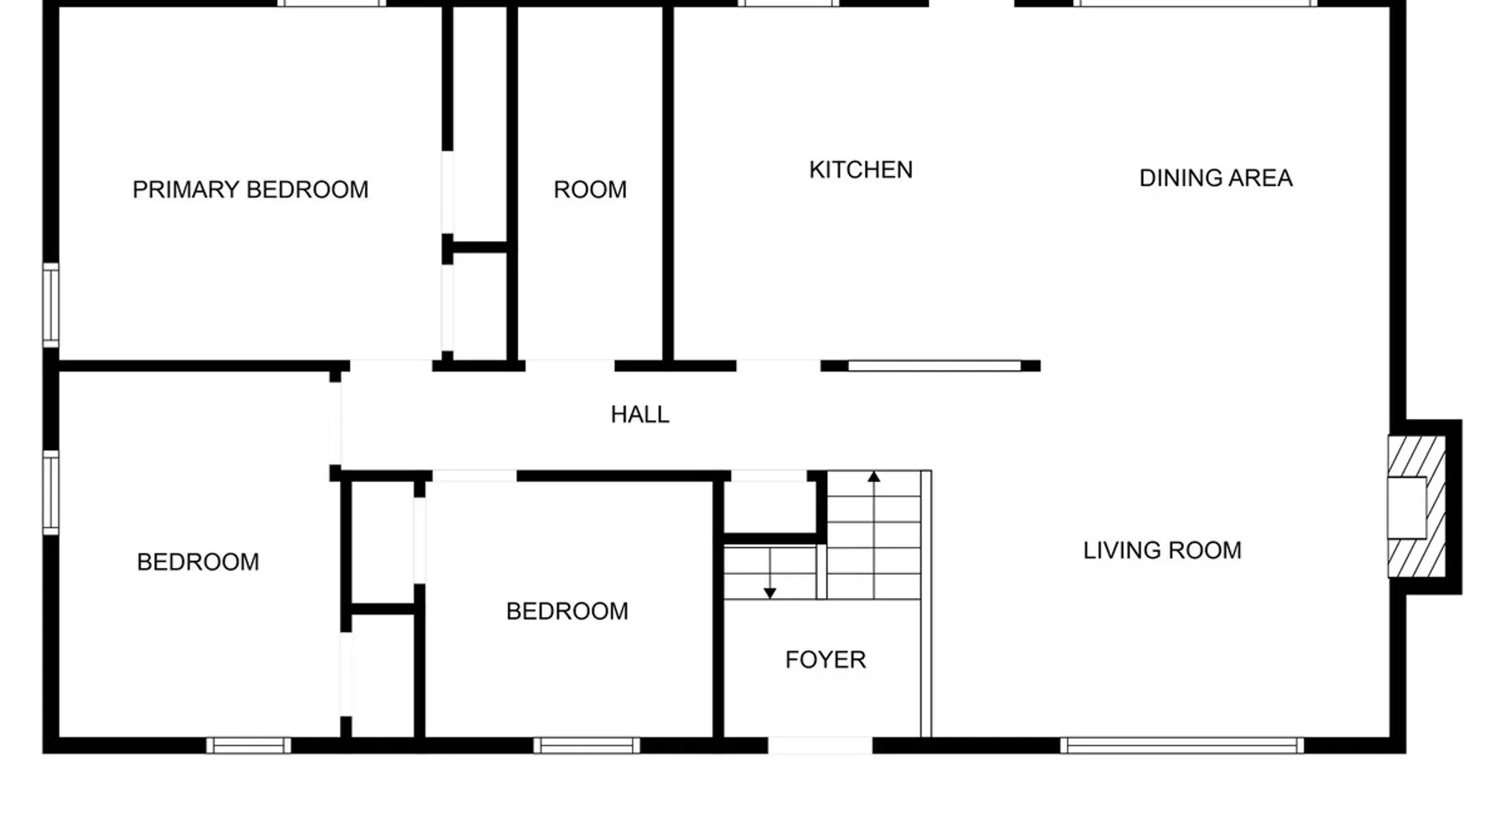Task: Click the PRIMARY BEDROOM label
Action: point(251,190)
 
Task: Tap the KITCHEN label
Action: point(861,170)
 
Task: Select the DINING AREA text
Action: point(1216,178)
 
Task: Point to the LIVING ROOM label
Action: point(1162,550)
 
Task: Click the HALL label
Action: point(640,414)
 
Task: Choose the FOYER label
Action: point(826,660)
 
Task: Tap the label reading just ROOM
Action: point(590,190)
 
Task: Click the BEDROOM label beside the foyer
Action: point(567,611)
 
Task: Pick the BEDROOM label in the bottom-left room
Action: point(198,562)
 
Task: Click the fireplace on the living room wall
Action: point(1417,507)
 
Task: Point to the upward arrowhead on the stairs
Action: point(874,477)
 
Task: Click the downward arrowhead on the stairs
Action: point(770,593)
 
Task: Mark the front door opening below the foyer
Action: point(820,745)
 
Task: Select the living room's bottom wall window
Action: point(1181,745)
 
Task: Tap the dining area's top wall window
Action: point(1195,3)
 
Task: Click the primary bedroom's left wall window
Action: point(51,305)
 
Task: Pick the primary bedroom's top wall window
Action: point(331,3)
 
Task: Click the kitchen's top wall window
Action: point(787,3)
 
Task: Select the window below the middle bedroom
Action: point(587,745)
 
